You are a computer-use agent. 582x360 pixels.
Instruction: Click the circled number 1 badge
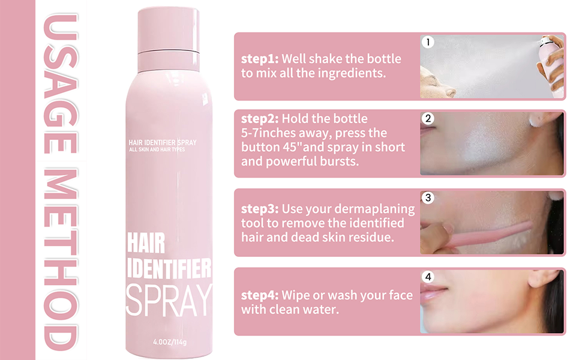428,42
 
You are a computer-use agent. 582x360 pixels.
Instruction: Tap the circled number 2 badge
428,119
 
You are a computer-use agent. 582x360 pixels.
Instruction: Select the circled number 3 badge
428,197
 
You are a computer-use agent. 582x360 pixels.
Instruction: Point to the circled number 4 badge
428,277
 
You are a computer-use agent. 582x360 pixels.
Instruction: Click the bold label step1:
260,59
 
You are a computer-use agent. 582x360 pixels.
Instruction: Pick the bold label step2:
260,119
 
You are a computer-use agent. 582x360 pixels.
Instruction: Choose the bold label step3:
260,209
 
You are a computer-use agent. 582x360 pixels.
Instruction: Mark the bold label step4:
260,295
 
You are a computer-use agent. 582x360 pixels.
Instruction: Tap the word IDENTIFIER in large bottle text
169,268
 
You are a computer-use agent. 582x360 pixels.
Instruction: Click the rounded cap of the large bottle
169,30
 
